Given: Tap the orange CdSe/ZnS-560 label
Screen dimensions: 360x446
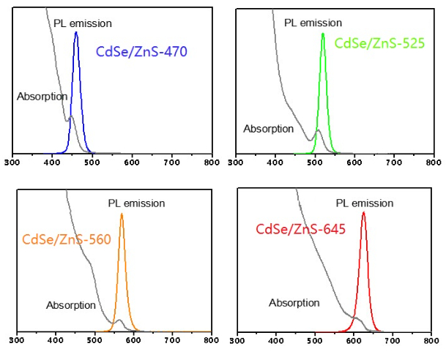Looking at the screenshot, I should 67,239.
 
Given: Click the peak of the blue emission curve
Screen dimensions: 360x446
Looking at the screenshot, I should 76,33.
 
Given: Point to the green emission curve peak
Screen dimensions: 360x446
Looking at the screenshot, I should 323,34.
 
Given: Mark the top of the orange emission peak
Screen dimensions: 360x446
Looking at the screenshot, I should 122,214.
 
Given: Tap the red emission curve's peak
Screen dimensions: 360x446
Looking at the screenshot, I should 363,213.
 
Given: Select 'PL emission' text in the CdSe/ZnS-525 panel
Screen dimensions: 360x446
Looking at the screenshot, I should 313,23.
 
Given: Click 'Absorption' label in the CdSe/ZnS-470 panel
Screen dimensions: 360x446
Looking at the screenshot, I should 42,96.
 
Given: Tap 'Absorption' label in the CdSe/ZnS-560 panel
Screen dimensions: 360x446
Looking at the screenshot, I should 71,305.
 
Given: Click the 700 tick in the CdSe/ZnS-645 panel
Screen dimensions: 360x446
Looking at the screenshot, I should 395,340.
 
